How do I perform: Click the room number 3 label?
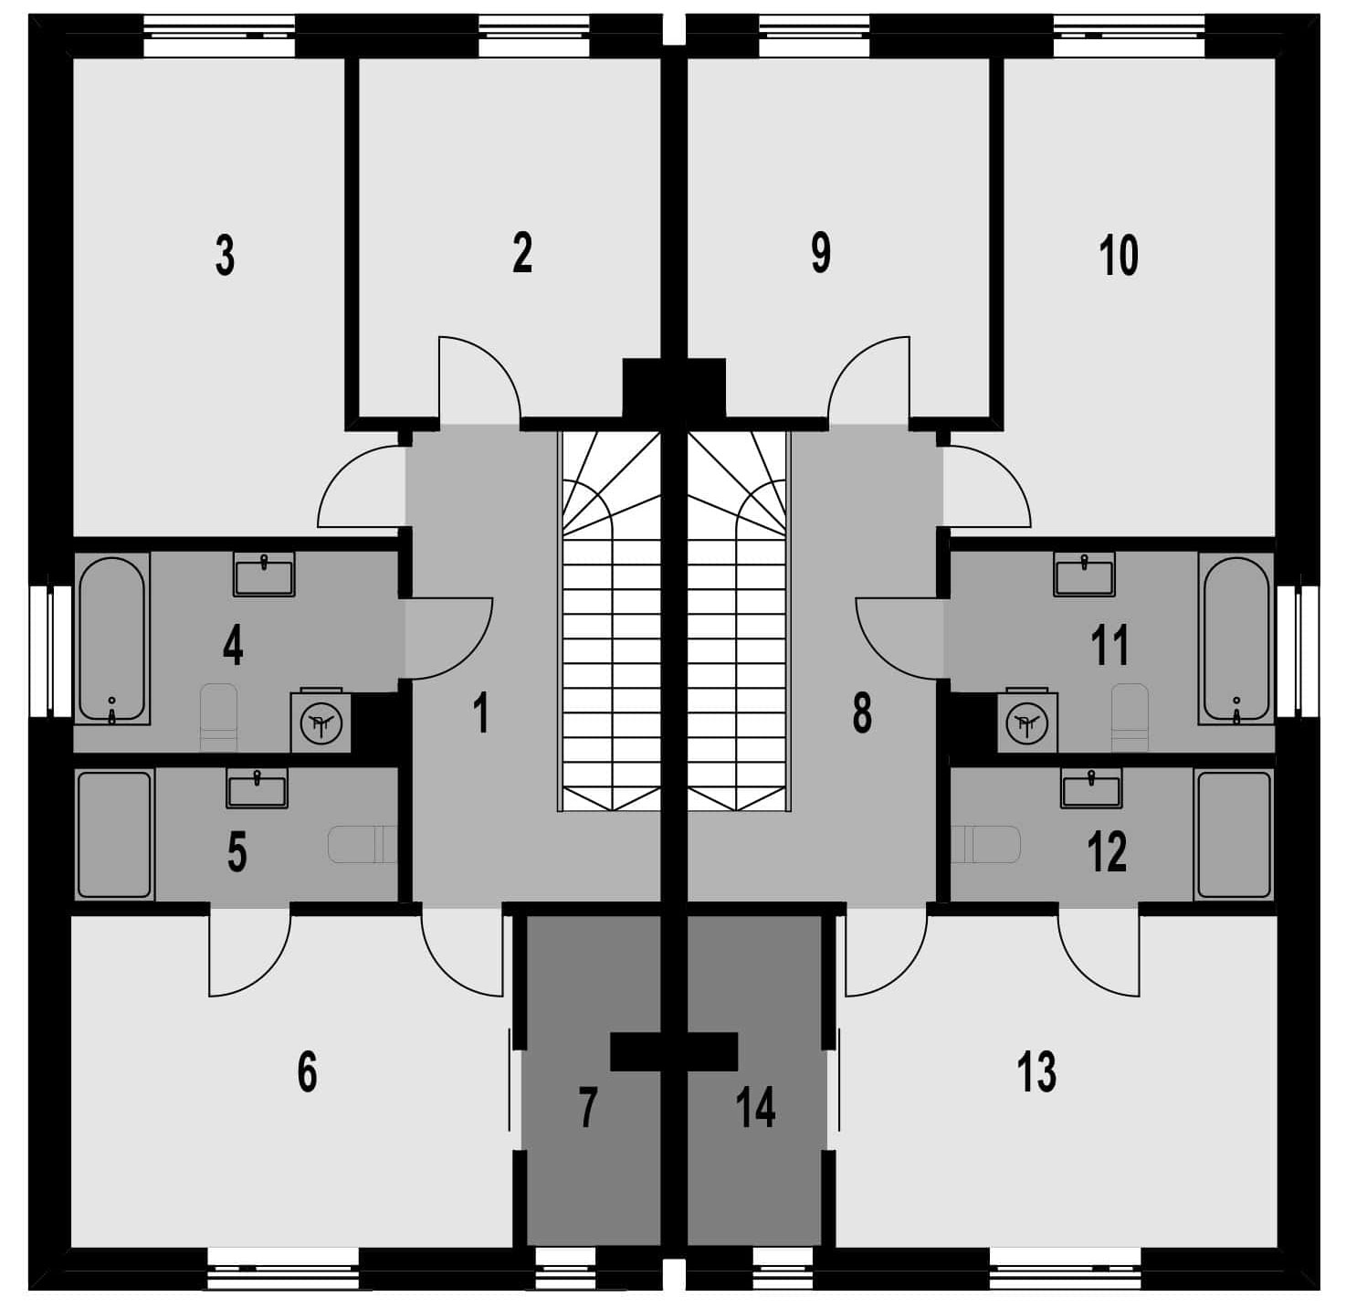[x=225, y=255]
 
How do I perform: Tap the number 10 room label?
[x=1119, y=255]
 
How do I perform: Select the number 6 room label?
[x=307, y=1071]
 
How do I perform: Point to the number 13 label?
[x=1036, y=1071]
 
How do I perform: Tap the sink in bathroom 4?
[x=264, y=575]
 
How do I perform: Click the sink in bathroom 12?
[x=1091, y=788]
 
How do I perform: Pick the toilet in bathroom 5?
[x=363, y=845]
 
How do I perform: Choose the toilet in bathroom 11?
[x=1130, y=717]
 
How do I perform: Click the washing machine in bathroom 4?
[x=321, y=720]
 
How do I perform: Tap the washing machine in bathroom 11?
[x=1027, y=720]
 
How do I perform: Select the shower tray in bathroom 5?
[x=115, y=835]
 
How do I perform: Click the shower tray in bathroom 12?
[x=1234, y=835]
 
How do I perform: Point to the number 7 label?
[x=587, y=1107]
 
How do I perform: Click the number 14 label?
[x=755, y=1107]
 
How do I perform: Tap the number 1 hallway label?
[x=480, y=713]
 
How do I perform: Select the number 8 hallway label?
[x=862, y=713]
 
